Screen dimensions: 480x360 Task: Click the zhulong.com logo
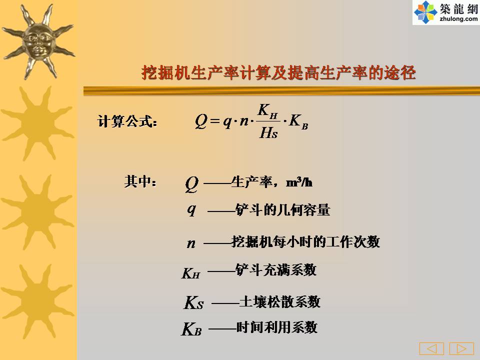446,12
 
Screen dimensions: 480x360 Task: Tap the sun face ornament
38,41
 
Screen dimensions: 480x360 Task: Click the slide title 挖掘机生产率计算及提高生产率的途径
278,73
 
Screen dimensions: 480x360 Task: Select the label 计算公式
127,121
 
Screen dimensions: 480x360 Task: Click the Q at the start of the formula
201,121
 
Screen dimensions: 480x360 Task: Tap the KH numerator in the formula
267,111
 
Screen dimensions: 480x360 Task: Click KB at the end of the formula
298,121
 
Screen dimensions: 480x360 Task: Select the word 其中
140,181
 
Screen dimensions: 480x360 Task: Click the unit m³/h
299,182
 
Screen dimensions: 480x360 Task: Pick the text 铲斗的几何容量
283,210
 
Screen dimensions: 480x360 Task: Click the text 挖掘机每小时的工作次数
306,241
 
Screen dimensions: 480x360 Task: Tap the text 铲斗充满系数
276,269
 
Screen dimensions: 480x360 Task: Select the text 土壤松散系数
280,301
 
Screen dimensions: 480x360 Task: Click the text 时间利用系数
276,327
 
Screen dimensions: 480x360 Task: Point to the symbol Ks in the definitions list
193,303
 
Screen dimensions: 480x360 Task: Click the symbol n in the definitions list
191,243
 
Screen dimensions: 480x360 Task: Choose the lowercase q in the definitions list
191,209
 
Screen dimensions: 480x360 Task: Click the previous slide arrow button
431,348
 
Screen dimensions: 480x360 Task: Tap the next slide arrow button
461,348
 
